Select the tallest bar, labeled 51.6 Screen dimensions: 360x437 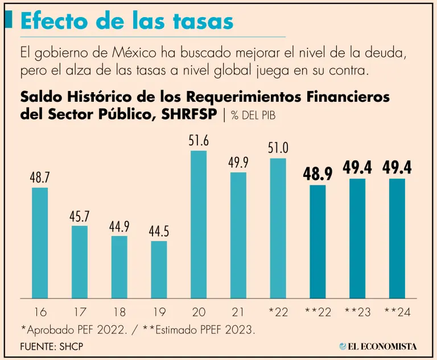pos(199,224)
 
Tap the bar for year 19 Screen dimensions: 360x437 pos(159,270)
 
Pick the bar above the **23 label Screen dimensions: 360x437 pos(357,238)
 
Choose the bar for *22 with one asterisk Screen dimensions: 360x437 pos(278,228)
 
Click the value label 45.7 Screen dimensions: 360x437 pos(80,217)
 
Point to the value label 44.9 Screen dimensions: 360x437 pos(119,227)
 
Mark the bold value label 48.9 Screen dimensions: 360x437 pos(318,174)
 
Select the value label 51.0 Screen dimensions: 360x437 pos(278,148)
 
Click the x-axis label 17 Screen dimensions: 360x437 pos(80,312)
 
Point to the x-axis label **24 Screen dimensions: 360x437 pos(397,312)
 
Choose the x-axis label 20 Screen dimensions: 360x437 pos(199,312)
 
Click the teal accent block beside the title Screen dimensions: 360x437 pos(9,20)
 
